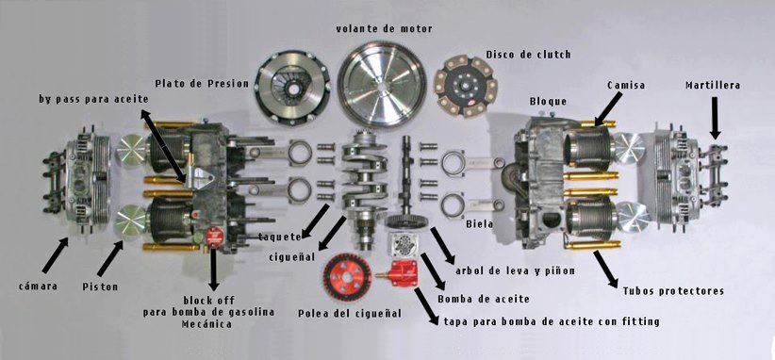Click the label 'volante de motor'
[x=384, y=28]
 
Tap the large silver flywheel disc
[x=382, y=85]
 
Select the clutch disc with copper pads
[x=466, y=87]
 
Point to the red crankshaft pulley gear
[x=348, y=277]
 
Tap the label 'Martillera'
[x=713, y=86]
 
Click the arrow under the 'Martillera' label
[x=715, y=118]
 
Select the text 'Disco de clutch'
[x=528, y=55]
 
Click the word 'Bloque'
[x=548, y=102]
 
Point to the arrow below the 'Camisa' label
[x=608, y=108]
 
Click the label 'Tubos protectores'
[x=673, y=291]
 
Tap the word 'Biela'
[x=480, y=224]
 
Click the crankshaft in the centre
[x=365, y=188]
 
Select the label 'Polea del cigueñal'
[x=350, y=314]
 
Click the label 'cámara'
[x=38, y=286]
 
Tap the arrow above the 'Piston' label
[x=109, y=258]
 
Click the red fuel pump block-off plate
[x=214, y=237]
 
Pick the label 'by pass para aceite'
[x=94, y=99]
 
